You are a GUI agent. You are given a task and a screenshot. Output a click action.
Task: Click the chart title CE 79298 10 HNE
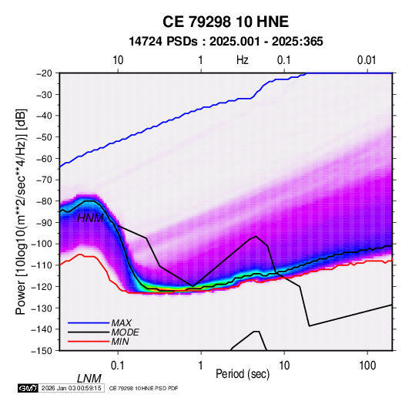pyautogui.click(x=226, y=22)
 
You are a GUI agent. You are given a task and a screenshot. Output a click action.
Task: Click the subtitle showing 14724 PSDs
pyautogui.click(x=226, y=42)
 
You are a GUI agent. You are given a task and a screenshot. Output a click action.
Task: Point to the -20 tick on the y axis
pyautogui.click(x=44, y=73)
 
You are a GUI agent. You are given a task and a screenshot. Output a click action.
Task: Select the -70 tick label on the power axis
pyautogui.click(x=44, y=180)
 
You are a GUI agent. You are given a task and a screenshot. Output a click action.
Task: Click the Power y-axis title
pyautogui.click(x=21, y=211)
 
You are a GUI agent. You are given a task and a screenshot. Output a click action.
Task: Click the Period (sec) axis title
pyautogui.click(x=243, y=374)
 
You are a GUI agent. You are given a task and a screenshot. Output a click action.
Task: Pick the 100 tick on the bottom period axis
pyautogui.click(x=367, y=366)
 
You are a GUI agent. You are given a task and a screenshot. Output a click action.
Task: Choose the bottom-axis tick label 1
pyautogui.click(x=201, y=366)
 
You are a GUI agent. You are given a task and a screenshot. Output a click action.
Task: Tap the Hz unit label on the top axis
pyautogui.click(x=243, y=60)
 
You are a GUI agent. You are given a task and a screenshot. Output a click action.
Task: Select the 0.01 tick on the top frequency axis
pyautogui.click(x=367, y=60)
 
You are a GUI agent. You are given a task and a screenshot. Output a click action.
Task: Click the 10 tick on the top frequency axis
pyautogui.click(x=118, y=60)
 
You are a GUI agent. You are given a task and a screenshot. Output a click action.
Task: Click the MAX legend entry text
pyautogui.click(x=121, y=323)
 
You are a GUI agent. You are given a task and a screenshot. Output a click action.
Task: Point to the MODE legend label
pyautogui.click(x=125, y=332)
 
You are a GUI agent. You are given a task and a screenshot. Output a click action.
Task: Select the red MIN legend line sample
pyautogui.click(x=89, y=342)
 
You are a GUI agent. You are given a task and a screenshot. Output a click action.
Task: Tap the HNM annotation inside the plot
pyautogui.click(x=90, y=218)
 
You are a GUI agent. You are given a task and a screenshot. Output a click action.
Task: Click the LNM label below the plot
pyautogui.click(x=89, y=379)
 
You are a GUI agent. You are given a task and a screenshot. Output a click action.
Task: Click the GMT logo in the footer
pyautogui.click(x=28, y=388)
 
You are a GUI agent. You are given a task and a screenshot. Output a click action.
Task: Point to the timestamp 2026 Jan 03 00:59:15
pyautogui.click(x=71, y=388)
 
